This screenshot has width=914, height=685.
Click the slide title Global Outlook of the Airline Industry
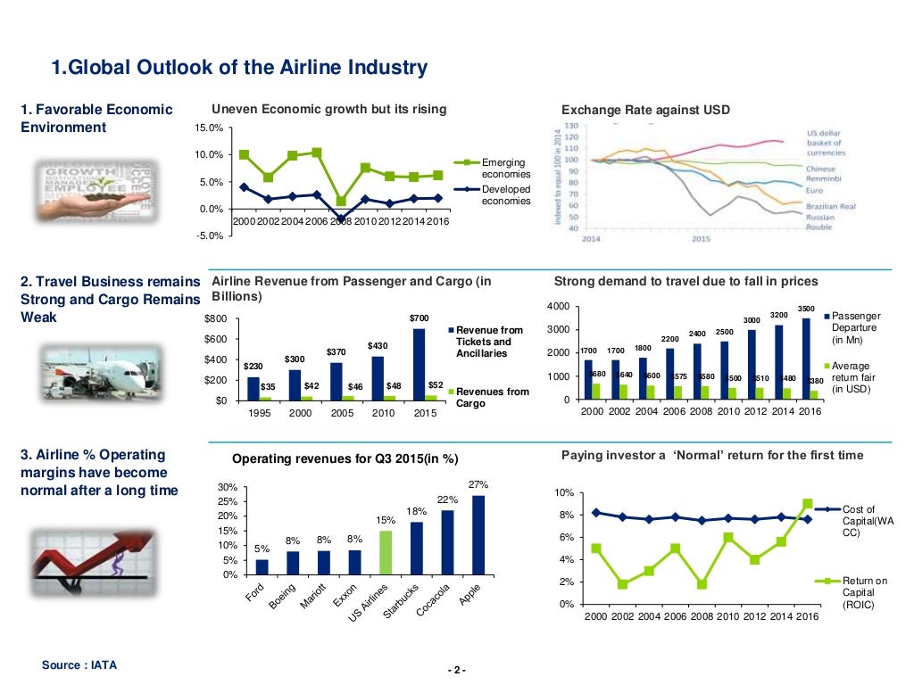pos(239,68)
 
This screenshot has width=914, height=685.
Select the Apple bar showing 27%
pos(478,534)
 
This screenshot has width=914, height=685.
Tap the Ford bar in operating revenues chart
pos(262,566)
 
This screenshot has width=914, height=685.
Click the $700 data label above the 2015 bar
pos(419,318)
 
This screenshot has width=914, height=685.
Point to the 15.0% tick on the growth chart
pos(209,128)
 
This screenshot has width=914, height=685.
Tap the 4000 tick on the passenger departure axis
pos(557,308)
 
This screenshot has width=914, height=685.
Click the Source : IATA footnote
pos(79,665)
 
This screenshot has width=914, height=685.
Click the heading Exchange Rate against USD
pos(644,110)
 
